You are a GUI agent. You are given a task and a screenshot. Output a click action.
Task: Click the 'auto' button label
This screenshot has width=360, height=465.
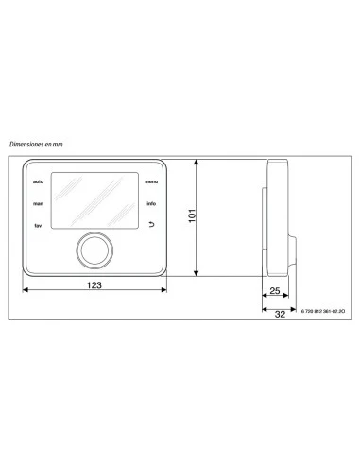click(x=38, y=181)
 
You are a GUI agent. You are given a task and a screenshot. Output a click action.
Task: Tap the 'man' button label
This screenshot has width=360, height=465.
click(x=37, y=203)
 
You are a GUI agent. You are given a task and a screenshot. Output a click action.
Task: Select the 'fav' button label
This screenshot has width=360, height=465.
click(x=37, y=226)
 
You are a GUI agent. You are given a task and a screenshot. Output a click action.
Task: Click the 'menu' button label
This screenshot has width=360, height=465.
click(x=151, y=181)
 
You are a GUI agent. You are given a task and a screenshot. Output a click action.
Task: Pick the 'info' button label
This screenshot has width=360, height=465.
click(x=151, y=203)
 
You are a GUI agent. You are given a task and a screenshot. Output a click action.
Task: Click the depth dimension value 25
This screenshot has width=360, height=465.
click(x=274, y=291)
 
